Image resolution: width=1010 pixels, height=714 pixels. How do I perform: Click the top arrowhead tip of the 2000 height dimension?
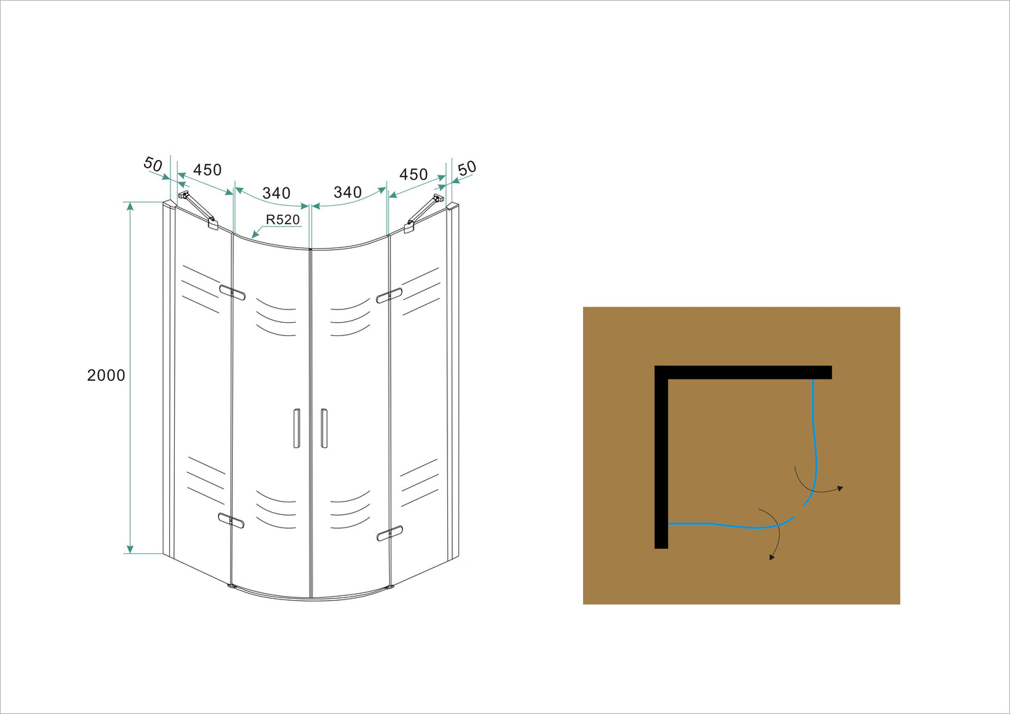[130, 203]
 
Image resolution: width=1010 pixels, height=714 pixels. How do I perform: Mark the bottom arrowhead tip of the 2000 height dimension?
[130, 553]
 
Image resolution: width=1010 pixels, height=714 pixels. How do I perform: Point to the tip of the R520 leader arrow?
[252, 238]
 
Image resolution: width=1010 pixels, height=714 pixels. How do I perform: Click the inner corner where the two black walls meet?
[668, 379]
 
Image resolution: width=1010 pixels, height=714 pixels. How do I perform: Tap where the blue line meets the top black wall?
[814, 379]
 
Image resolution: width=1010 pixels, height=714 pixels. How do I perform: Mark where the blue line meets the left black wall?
[668, 524]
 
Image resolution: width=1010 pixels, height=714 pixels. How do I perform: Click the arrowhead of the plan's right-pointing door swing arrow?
[842, 488]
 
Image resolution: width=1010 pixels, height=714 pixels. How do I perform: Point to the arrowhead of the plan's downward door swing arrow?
[771, 560]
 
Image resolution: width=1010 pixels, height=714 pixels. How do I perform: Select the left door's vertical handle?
[296, 428]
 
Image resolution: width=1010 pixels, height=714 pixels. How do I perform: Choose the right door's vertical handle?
[324, 428]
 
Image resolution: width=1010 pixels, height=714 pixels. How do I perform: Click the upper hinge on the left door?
[233, 292]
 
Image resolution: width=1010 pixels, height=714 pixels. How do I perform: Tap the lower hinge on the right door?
[389, 533]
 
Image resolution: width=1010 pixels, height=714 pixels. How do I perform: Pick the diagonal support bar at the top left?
[199, 210]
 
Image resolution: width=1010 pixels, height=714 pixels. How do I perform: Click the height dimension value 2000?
[106, 375]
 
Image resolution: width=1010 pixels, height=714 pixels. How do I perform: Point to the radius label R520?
[282, 219]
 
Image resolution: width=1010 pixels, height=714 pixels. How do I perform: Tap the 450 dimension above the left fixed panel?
[208, 170]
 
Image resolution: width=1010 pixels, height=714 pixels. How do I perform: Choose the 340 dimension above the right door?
[347, 193]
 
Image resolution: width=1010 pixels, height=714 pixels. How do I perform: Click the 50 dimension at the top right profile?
[467, 168]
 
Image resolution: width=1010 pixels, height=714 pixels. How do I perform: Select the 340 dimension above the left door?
[276, 193]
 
